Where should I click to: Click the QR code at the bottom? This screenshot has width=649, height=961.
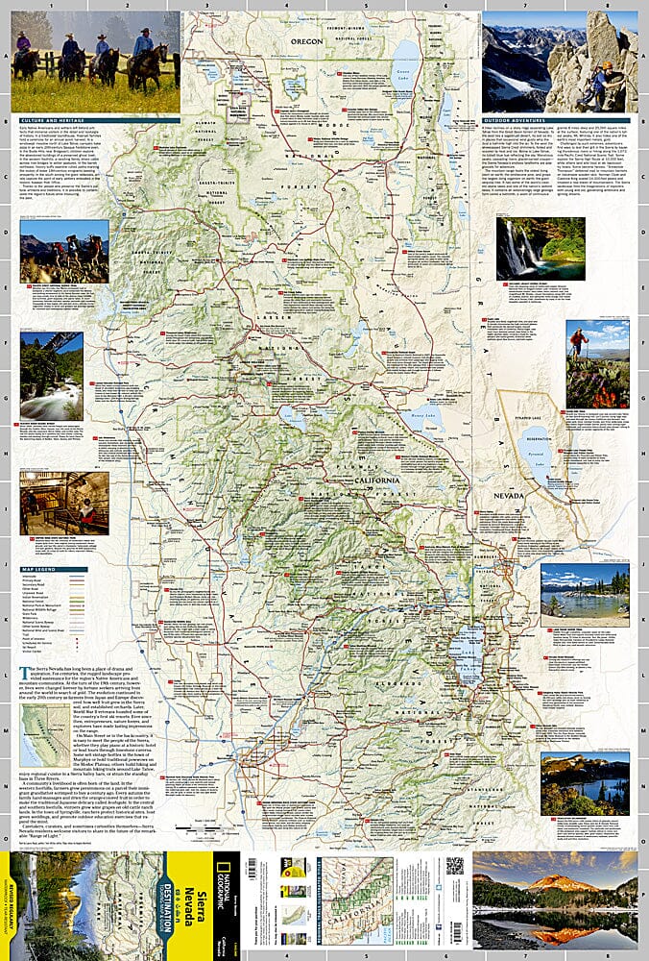coord(454,866)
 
